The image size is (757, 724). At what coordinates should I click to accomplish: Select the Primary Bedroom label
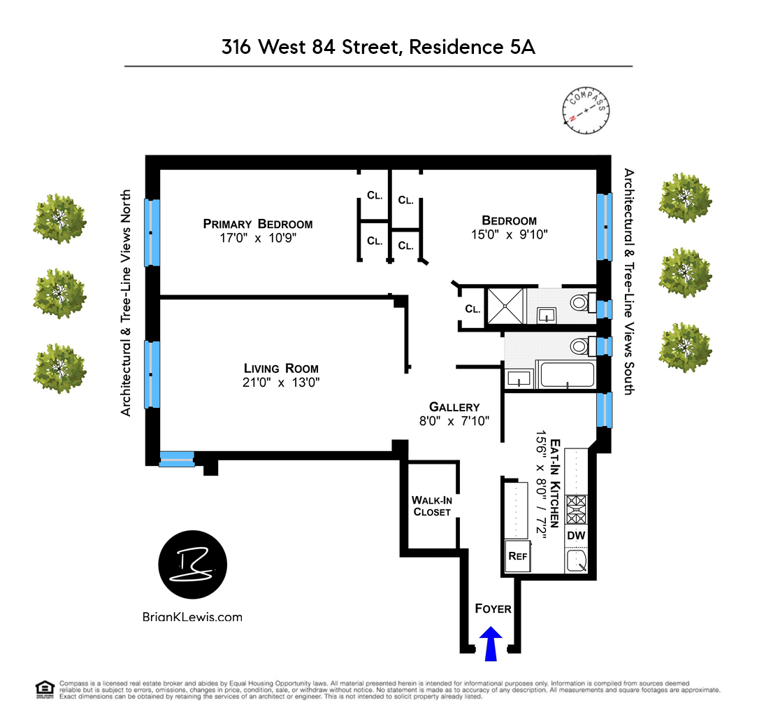257,224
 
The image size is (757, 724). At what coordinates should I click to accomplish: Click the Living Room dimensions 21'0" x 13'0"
281,383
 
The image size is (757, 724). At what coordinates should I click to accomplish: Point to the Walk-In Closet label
431,506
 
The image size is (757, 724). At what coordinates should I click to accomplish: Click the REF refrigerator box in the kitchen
517,558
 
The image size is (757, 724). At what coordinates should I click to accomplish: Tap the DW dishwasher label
577,536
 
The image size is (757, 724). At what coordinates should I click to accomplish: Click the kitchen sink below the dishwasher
577,560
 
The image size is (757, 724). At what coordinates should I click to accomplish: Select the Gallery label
454,407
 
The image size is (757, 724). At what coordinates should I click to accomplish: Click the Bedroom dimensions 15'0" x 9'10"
509,235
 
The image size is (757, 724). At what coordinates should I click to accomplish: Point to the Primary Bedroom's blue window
152,233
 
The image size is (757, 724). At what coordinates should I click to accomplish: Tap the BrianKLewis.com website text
192,616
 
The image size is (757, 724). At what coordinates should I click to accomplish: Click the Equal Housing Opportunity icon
45,689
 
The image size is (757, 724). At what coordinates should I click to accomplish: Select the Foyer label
493,609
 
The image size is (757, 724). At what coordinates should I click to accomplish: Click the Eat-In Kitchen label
556,483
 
